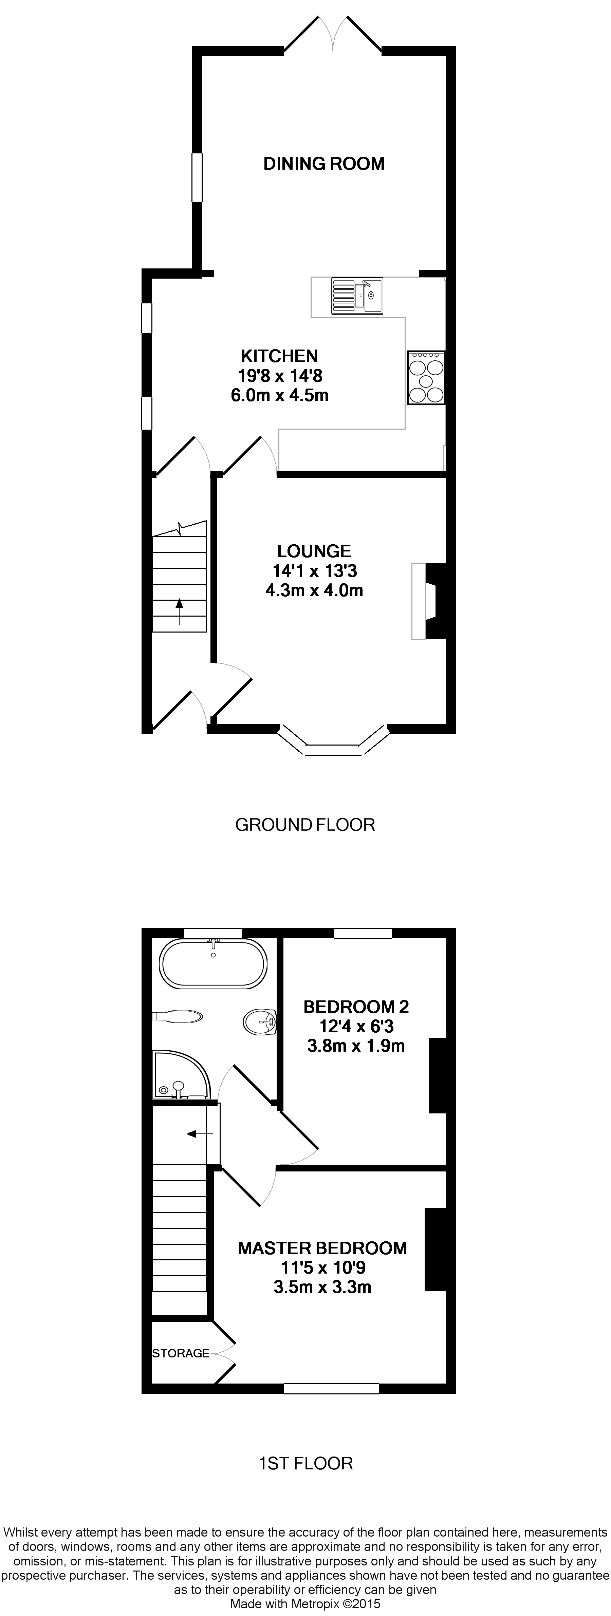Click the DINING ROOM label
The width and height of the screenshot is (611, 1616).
click(324, 164)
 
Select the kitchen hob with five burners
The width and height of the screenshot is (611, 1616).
click(426, 377)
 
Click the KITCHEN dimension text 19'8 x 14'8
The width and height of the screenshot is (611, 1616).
click(280, 376)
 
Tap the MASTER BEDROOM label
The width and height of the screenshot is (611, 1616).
click(322, 1248)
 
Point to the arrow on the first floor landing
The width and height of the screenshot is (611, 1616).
click(200, 1133)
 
